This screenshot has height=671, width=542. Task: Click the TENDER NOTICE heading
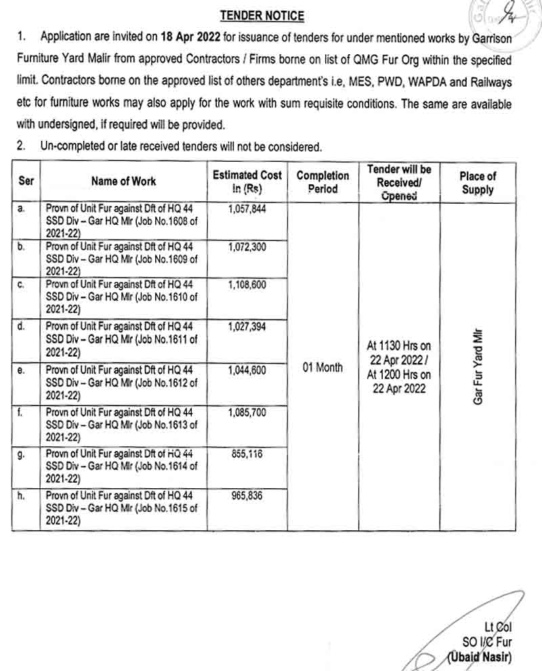(x=262, y=16)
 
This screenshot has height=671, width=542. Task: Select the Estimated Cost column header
(x=247, y=182)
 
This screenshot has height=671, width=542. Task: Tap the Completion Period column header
(x=322, y=182)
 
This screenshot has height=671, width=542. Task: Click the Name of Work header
(x=123, y=181)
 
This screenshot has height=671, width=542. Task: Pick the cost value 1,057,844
(x=247, y=209)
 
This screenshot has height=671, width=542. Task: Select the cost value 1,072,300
(x=247, y=247)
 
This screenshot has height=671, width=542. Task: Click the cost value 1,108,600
(x=247, y=286)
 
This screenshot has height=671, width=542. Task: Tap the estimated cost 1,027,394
(x=247, y=326)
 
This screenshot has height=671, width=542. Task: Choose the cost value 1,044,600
(x=247, y=370)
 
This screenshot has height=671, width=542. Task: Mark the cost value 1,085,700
(x=247, y=412)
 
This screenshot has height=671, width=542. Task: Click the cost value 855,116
(x=247, y=454)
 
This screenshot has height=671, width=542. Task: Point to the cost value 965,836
(x=247, y=496)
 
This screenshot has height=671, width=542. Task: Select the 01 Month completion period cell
(x=322, y=368)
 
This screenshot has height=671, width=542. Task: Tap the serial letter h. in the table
(x=22, y=496)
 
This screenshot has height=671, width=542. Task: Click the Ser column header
(x=26, y=181)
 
